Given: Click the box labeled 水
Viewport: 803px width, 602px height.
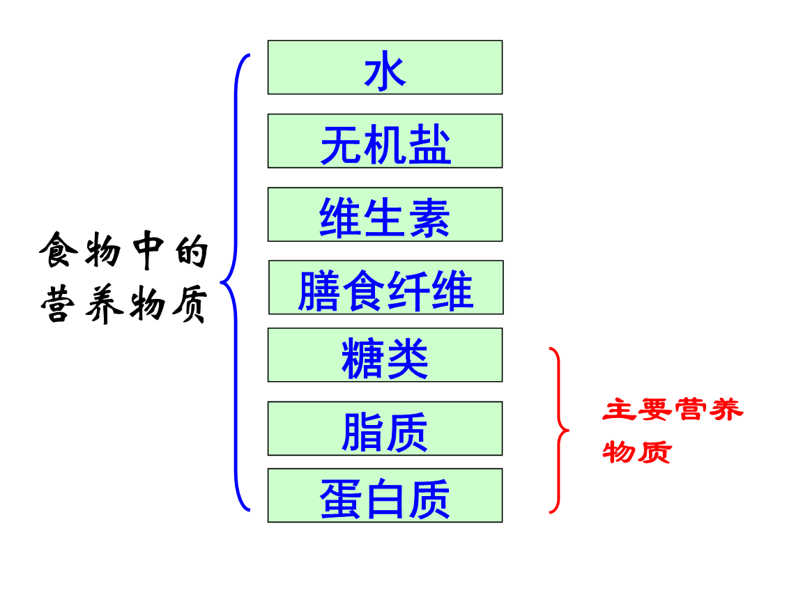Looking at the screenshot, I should [x=385, y=68].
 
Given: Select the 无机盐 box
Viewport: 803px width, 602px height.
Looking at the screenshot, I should [x=385, y=141].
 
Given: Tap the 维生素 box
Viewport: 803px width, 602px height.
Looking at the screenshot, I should [x=385, y=215].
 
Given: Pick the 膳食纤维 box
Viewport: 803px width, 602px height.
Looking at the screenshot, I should [x=385, y=288].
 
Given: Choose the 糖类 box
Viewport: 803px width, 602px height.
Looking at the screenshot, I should [x=385, y=355].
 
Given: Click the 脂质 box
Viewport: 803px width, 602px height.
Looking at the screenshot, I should [x=385, y=429].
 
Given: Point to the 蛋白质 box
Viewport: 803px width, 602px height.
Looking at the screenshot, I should [x=385, y=495].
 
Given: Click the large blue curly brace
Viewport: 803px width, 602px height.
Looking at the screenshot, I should [x=236, y=282].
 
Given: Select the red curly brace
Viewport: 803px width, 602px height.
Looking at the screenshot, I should [x=558, y=430].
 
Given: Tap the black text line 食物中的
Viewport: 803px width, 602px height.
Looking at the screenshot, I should [x=124, y=250].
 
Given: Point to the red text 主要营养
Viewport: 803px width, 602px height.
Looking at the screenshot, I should [x=673, y=410].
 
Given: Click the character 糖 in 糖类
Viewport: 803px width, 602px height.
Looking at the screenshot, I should [x=362, y=358].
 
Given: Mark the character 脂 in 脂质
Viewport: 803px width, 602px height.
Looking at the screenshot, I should [x=362, y=431].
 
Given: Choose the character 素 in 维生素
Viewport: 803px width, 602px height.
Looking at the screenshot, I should [x=429, y=217].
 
